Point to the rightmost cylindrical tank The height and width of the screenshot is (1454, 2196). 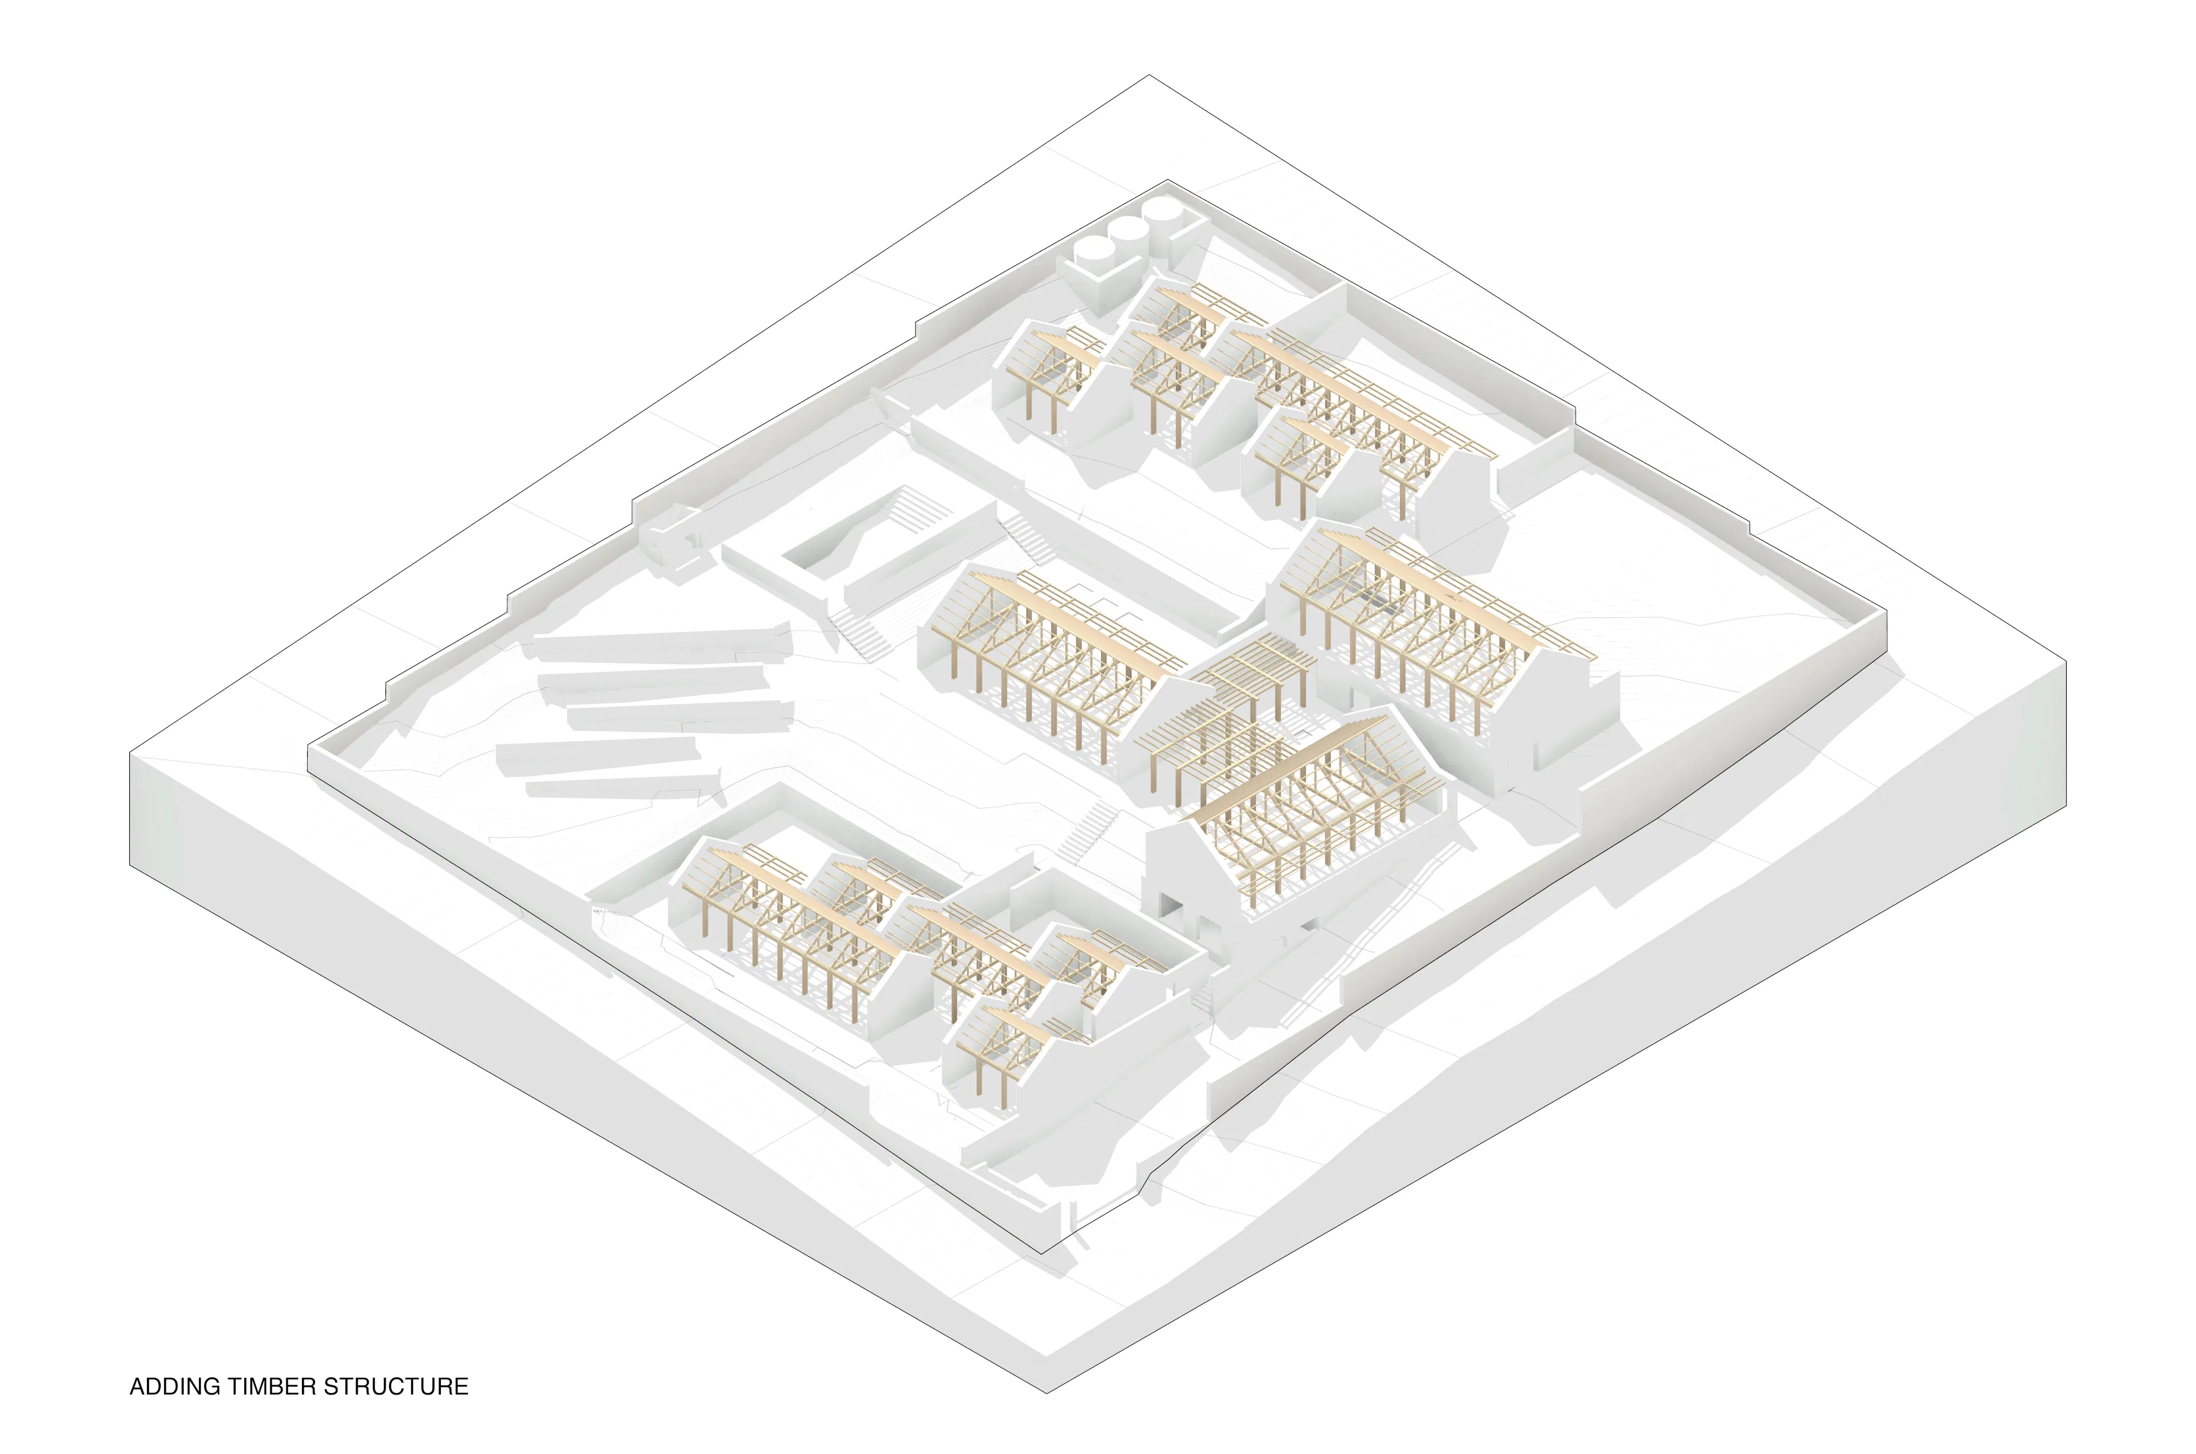tap(1163, 213)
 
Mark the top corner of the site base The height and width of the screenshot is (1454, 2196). tap(1149, 75)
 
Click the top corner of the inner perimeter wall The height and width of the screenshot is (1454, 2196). tap(1167, 180)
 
